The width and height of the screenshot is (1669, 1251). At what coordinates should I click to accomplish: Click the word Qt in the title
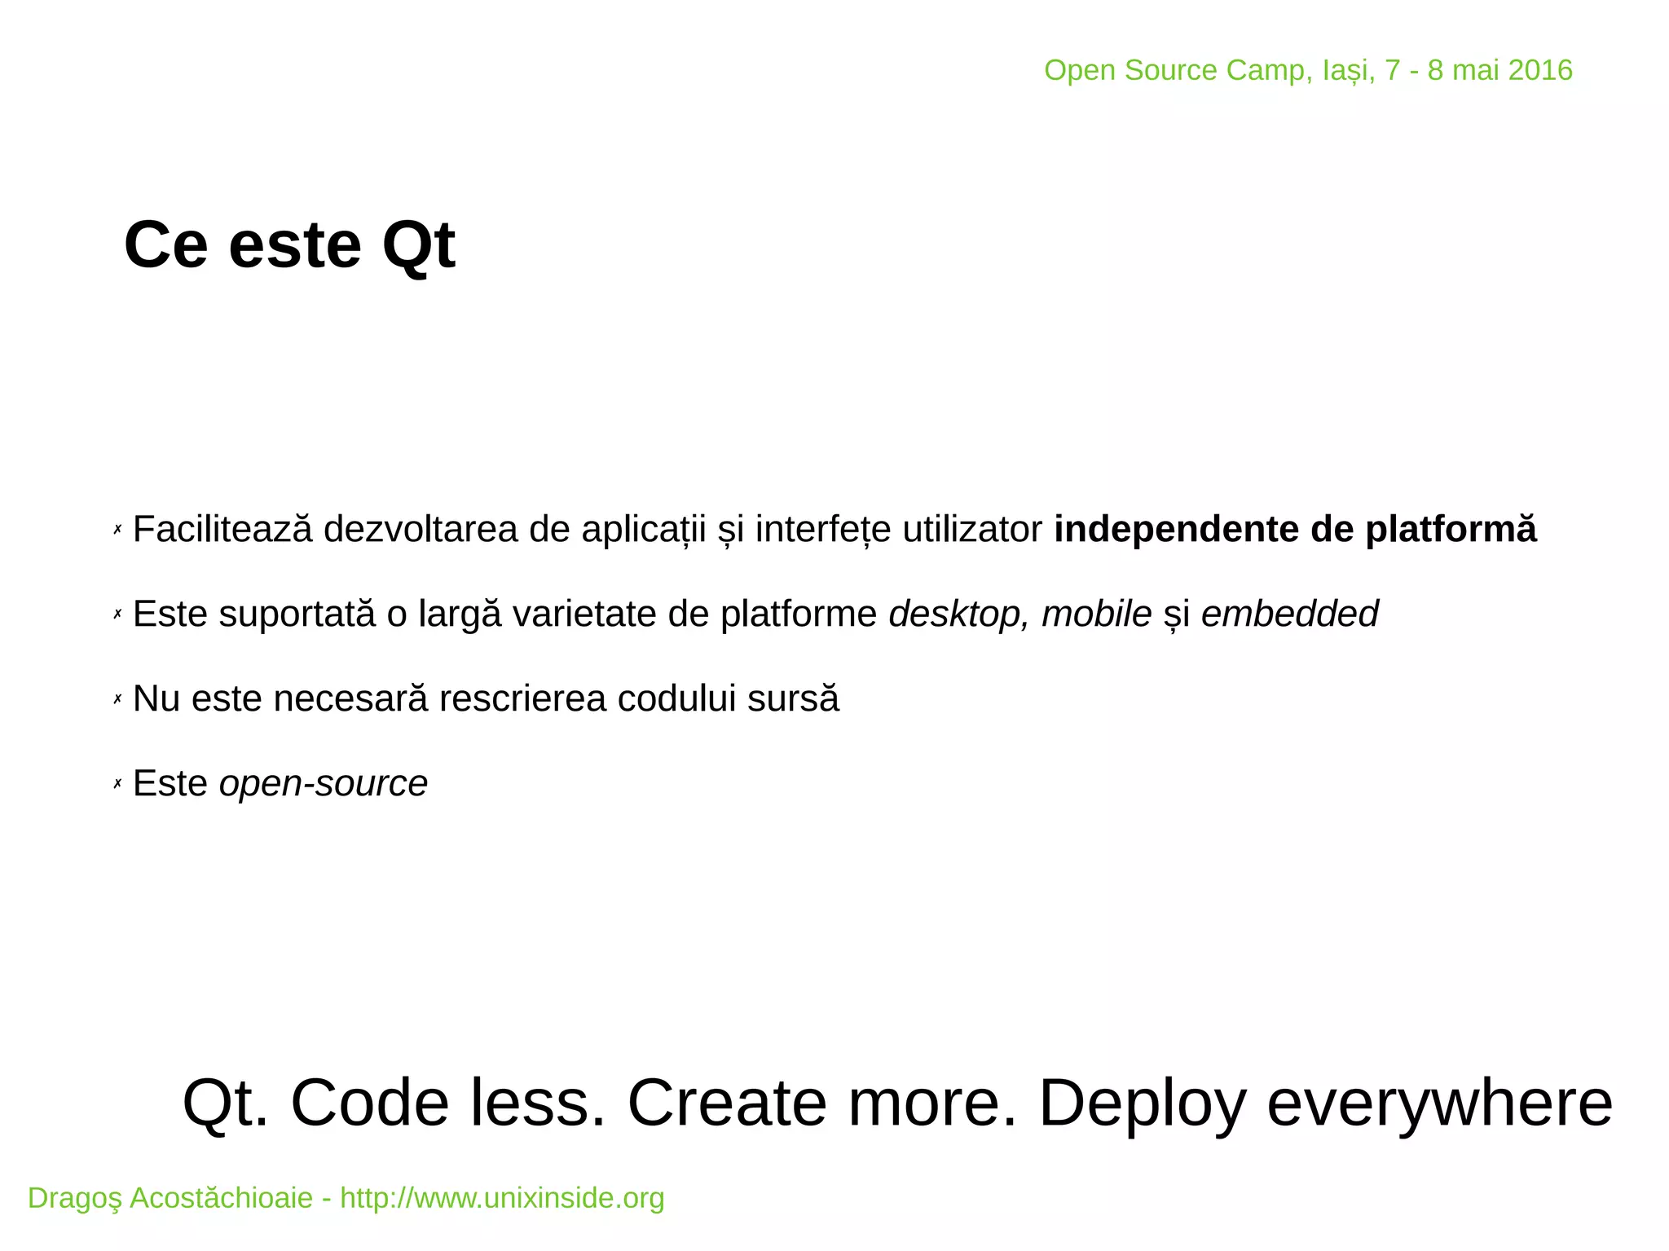coord(418,247)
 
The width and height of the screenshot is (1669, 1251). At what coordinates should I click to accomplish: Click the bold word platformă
coord(1451,530)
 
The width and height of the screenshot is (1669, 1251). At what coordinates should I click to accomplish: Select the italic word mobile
coord(1096,614)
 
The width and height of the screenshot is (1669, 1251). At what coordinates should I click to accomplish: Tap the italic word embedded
coord(1289,614)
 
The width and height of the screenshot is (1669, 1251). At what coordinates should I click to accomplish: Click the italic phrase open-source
coord(323,784)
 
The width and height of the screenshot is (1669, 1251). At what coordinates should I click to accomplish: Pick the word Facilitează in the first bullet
coord(222,530)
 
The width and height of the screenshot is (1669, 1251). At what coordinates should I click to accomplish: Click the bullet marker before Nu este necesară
coord(117,699)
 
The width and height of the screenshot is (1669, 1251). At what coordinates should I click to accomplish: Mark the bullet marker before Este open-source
coord(117,784)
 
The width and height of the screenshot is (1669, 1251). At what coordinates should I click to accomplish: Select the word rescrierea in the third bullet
coord(522,699)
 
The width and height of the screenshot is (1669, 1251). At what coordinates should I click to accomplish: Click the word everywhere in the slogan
coord(1439,1103)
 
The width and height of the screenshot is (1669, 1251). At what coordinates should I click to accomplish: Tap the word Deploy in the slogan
coord(1142,1103)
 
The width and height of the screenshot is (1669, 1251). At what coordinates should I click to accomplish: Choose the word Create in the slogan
coord(727,1103)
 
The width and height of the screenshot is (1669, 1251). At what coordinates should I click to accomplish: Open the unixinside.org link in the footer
coord(502,1198)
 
